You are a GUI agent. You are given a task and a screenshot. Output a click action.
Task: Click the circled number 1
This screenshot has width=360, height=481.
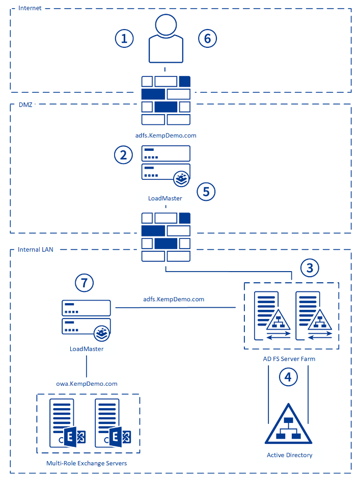click(124, 38)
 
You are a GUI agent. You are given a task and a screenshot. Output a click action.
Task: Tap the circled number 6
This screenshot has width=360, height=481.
click(207, 38)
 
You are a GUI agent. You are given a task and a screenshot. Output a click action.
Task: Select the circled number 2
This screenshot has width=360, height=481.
click(123, 155)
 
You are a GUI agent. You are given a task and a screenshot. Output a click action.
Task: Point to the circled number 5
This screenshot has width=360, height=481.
click(206, 191)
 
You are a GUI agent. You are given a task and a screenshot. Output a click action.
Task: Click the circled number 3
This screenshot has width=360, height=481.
click(310, 268)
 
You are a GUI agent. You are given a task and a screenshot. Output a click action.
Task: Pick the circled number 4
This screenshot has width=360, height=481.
click(288, 377)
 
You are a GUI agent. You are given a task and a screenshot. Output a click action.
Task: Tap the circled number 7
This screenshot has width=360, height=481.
click(85, 282)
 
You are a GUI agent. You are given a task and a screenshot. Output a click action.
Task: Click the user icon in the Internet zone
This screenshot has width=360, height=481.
click(165, 38)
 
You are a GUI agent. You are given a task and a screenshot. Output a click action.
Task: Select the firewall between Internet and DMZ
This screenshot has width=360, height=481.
click(165, 100)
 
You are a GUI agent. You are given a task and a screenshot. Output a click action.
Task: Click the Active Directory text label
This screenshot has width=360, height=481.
click(289, 455)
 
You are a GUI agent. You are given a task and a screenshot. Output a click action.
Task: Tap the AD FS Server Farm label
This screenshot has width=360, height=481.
click(289, 359)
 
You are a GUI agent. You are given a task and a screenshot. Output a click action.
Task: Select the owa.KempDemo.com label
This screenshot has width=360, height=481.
click(87, 384)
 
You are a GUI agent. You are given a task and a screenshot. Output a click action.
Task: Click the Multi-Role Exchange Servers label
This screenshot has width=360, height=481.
click(87, 463)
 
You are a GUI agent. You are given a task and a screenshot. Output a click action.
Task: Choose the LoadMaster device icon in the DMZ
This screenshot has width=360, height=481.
click(165, 164)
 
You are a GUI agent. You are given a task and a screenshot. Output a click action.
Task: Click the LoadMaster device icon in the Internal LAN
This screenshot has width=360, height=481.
click(87, 317)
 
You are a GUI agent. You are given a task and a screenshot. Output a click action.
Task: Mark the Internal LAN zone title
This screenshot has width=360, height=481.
click(35, 250)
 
